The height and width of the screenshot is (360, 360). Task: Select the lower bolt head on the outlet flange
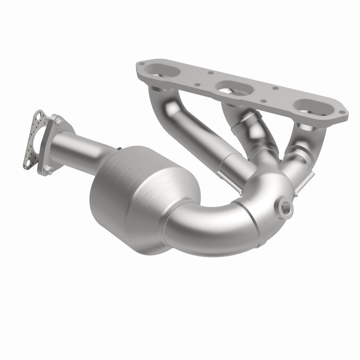49,170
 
